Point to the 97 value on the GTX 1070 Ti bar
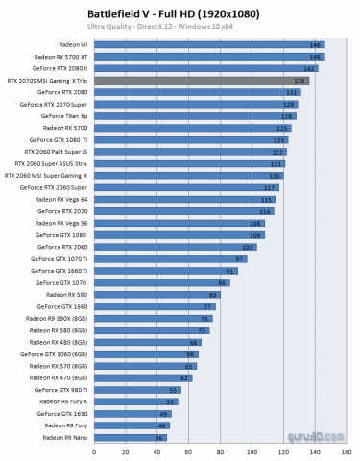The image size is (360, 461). tap(240, 259)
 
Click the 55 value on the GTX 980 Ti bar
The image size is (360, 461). tap(174, 391)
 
